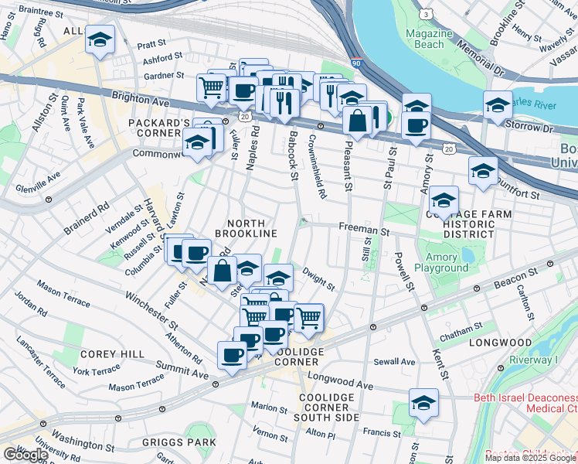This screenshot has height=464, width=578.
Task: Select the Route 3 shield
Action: tap(426, 15)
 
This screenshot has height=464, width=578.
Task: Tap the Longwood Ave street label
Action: tap(340, 380)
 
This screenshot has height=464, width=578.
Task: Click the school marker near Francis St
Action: tap(423, 403)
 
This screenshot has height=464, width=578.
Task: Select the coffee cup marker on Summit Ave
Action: tap(232, 355)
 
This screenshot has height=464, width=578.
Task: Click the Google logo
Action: tap(25, 454)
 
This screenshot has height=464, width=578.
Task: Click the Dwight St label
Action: tap(318, 279)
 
